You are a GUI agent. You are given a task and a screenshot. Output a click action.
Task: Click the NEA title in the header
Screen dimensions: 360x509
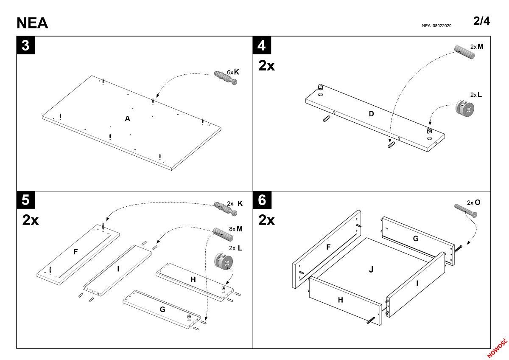(x=32, y=23)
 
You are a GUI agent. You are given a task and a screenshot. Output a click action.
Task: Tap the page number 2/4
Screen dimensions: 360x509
(x=481, y=21)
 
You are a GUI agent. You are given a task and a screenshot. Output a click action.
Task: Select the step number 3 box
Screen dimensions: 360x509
(x=26, y=45)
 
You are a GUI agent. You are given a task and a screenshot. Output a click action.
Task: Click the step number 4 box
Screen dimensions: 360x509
(x=262, y=45)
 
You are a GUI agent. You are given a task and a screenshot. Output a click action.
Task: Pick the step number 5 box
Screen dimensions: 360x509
(x=26, y=200)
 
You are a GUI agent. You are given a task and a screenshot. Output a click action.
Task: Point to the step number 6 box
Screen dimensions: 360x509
(x=262, y=200)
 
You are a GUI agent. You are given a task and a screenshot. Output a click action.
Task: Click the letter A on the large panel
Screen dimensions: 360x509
(x=127, y=119)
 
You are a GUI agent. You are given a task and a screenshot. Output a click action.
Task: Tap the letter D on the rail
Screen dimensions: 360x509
(x=371, y=113)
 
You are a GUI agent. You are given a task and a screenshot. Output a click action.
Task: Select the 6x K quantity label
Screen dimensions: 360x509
(x=233, y=72)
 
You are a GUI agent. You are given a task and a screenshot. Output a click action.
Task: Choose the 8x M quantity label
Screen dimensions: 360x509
(x=235, y=229)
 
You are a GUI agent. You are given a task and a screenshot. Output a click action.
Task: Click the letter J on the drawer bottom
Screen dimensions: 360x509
(x=371, y=269)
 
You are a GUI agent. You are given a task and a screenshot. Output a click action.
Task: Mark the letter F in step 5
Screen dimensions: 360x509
(x=76, y=252)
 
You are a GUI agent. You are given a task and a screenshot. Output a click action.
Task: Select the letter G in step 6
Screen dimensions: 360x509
(x=416, y=239)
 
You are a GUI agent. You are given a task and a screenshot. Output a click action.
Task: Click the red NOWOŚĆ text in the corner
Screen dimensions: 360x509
(x=497, y=348)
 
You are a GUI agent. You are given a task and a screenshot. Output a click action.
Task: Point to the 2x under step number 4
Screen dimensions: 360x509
(x=267, y=65)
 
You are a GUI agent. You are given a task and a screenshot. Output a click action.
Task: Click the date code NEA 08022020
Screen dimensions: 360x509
(x=436, y=26)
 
